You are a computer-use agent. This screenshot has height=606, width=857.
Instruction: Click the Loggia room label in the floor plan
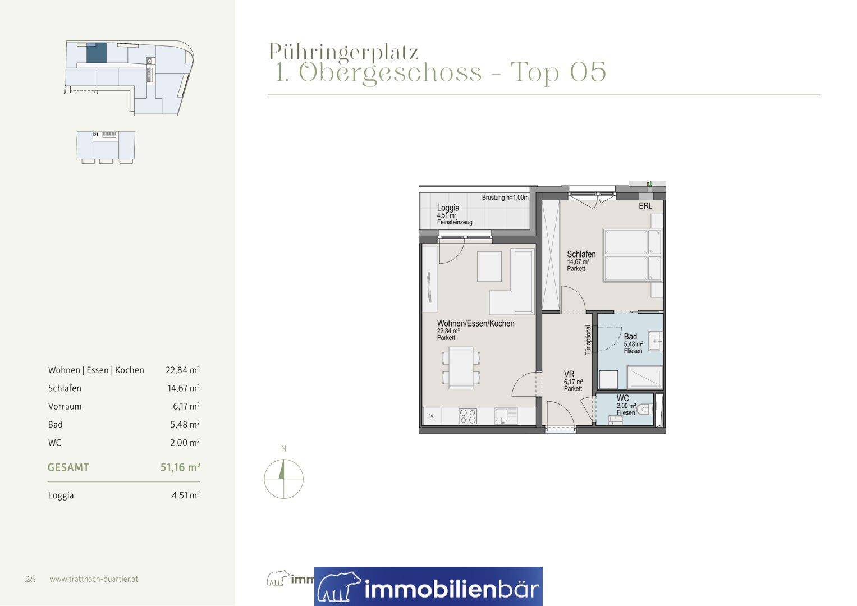click(448, 208)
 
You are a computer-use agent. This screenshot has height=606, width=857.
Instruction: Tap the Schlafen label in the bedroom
click(581, 254)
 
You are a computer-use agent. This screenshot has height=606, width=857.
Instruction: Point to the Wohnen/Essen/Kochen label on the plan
click(475, 323)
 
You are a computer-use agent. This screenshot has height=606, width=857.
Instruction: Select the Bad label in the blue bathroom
click(630, 337)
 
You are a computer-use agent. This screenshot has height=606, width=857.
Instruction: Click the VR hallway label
click(569, 374)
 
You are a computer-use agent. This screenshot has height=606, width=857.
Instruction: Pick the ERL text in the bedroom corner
click(645, 206)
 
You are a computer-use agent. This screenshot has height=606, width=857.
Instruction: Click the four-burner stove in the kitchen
click(468, 416)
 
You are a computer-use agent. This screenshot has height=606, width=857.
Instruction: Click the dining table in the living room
click(461, 368)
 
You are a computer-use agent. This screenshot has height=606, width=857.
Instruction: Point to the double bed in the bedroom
click(633, 255)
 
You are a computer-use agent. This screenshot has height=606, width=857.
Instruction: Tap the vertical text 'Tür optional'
click(588, 340)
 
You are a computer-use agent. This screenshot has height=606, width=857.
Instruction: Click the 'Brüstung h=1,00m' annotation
click(505, 198)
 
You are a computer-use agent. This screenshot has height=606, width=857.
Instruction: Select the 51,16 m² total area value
click(180, 467)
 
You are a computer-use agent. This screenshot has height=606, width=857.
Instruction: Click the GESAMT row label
click(68, 467)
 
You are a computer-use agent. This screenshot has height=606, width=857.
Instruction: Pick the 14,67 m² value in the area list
click(184, 388)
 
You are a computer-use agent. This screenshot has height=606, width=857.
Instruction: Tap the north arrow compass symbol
click(283, 479)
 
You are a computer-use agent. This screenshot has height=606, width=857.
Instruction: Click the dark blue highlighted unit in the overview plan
click(97, 53)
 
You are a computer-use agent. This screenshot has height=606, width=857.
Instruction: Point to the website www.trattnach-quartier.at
click(94, 579)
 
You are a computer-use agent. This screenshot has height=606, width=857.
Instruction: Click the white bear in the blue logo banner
click(338, 586)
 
